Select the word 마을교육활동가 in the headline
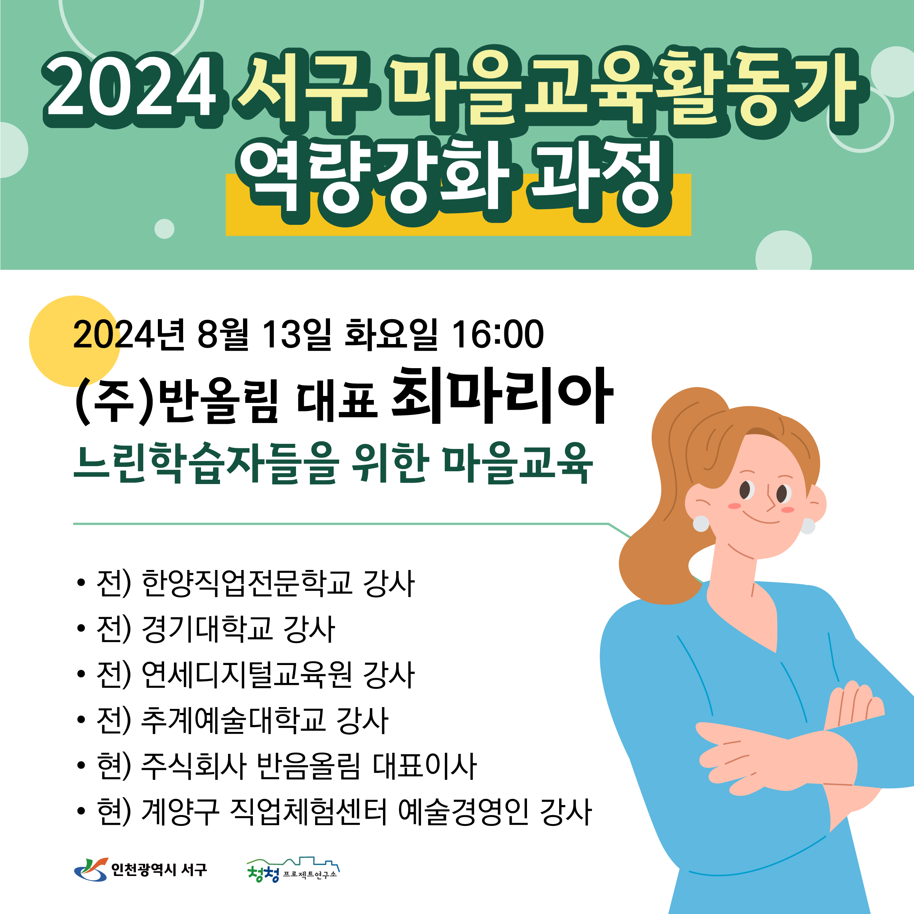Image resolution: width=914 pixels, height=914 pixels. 627,88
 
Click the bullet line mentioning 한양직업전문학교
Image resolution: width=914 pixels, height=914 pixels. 246,583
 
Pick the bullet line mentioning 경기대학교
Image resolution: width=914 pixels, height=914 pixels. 206,629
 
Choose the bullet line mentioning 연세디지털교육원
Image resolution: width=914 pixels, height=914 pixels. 246,675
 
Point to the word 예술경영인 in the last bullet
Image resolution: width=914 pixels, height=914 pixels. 463,812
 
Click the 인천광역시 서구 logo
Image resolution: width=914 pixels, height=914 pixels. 140,870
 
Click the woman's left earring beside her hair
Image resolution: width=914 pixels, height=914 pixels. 701,524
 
